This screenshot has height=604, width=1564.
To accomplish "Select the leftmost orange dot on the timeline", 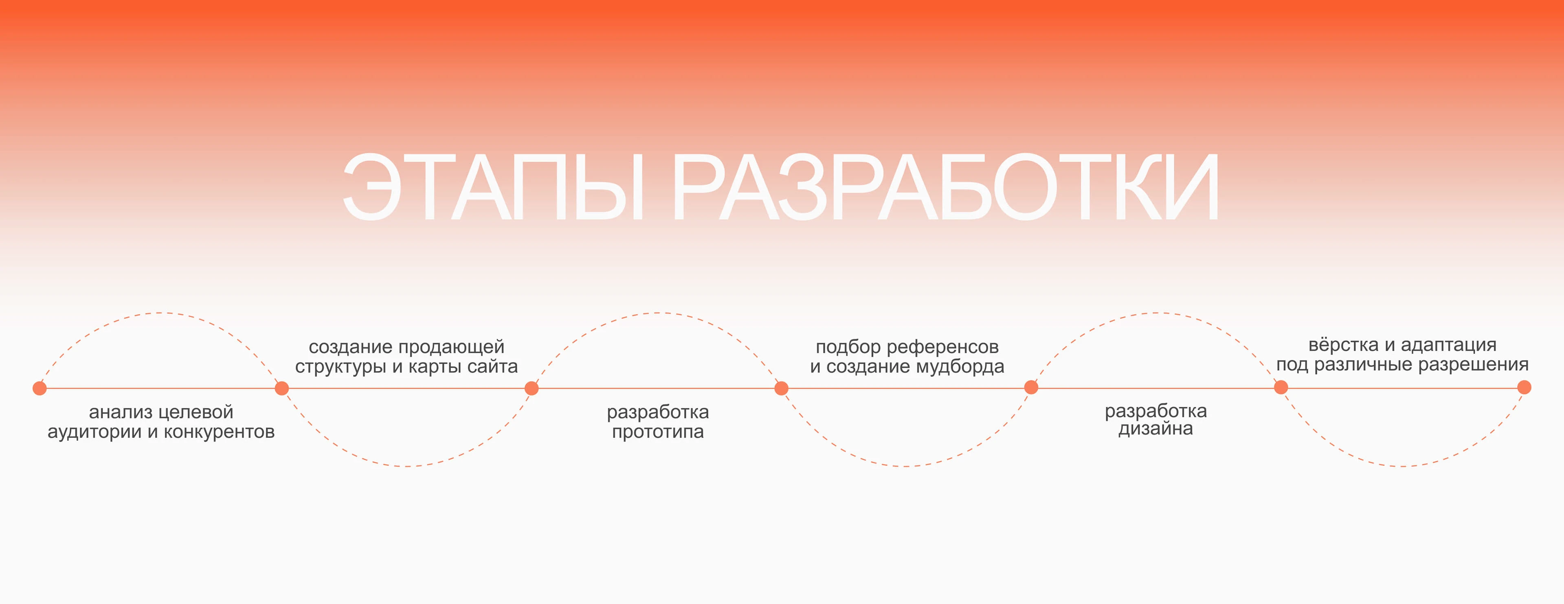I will coord(40,388).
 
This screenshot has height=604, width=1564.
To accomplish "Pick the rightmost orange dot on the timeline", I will coord(1524,387).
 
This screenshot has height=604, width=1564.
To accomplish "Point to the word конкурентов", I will coord(219,432).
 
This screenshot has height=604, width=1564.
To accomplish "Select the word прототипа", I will coord(657,432).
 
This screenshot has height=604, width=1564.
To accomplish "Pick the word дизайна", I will coord(1155,429).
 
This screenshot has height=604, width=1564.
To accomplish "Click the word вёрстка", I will coord(1343,345).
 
